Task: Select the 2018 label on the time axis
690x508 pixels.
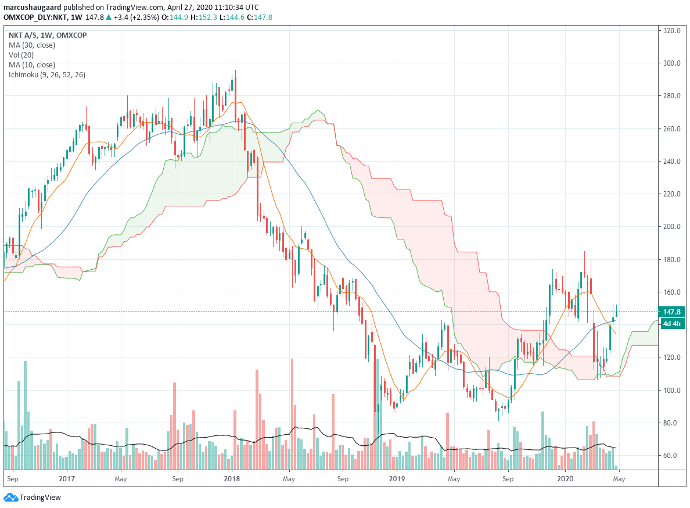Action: (231, 479)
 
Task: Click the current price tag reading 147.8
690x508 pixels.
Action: (672, 312)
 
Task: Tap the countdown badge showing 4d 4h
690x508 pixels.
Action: (672, 323)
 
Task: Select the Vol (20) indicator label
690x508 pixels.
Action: (21, 54)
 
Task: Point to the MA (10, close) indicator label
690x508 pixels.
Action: (32, 65)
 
